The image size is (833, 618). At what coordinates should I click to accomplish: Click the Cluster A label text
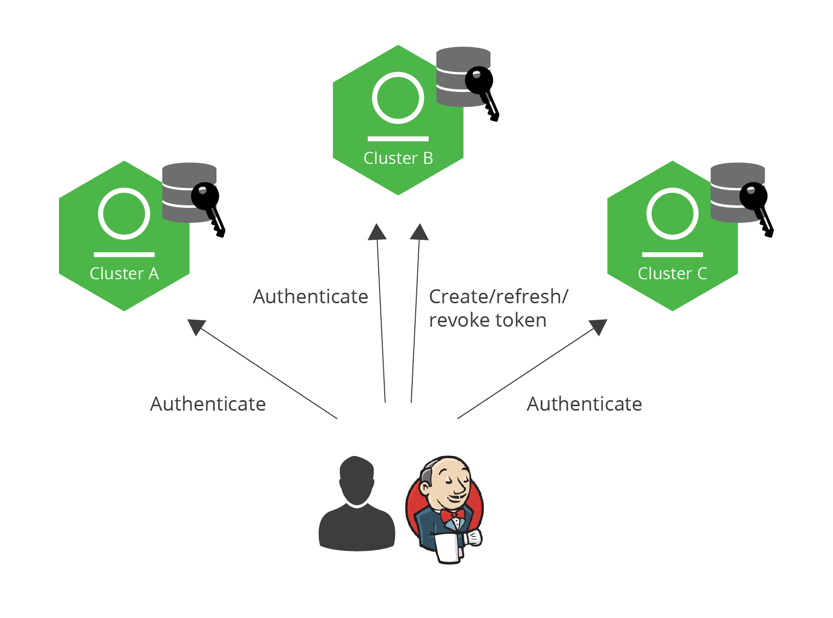click(124, 274)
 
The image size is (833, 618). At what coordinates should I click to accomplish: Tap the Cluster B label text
click(398, 158)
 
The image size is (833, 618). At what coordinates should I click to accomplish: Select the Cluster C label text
click(672, 274)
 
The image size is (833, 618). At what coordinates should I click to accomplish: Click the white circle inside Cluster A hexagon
click(124, 214)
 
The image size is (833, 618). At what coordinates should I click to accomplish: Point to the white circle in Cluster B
click(398, 98)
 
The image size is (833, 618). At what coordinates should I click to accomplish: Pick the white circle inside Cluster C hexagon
click(672, 214)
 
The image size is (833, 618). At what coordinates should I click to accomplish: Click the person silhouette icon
click(357, 505)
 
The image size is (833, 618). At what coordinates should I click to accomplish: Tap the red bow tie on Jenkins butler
click(452, 515)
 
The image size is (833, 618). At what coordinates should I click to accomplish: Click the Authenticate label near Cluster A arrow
click(208, 404)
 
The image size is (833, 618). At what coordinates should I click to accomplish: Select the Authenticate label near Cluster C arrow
click(584, 404)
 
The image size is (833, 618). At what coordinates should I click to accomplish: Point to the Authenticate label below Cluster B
click(310, 297)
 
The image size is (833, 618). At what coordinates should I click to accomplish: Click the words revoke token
click(487, 320)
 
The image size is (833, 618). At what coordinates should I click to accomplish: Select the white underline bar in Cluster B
click(398, 138)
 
